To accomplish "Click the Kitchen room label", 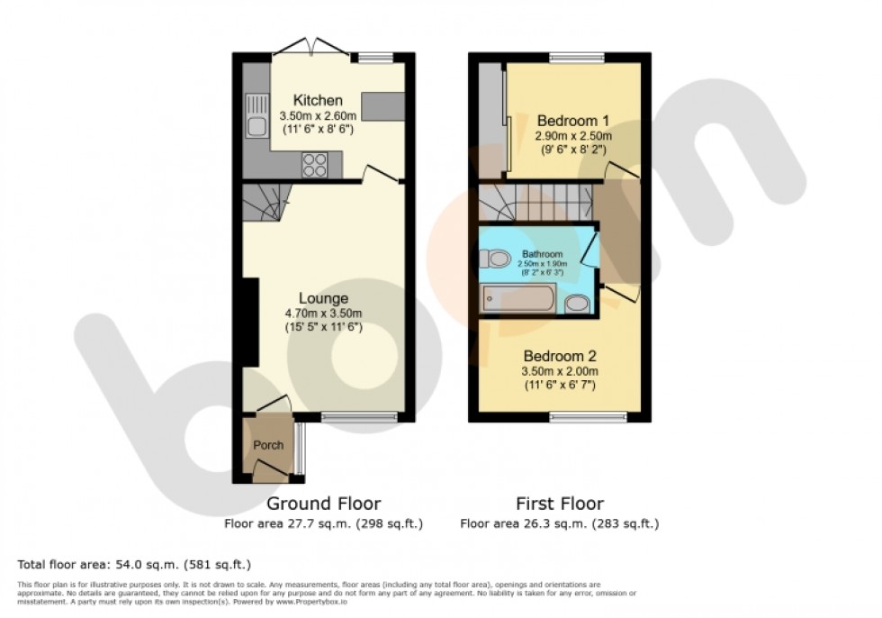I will coord(318,100).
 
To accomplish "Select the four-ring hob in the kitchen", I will coord(315,164).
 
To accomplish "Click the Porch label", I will coord(268,445).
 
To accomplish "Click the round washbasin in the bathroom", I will coord(578,304).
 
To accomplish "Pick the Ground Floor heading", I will coord(324,504).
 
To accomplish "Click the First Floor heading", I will coord(559,504).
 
